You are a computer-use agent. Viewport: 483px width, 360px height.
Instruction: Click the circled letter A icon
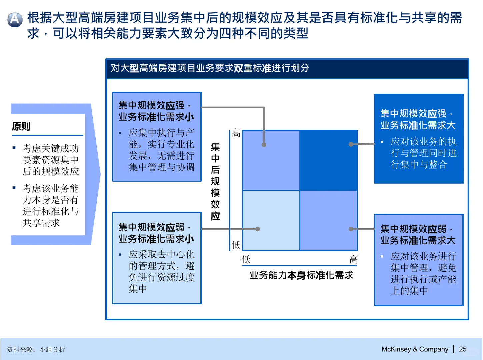tap(15, 19)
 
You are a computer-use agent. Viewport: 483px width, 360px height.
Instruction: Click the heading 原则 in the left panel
tap(21, 126)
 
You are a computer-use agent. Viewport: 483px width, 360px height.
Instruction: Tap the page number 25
tap(462, 349)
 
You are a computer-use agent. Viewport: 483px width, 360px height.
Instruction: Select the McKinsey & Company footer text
tap(415, 349)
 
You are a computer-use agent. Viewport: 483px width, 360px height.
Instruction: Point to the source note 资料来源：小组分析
tap(36, 349)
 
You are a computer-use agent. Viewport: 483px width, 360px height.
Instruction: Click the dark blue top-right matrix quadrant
tap(328, 160)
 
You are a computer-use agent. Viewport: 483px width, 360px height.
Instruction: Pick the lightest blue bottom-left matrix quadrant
tap(271, 220)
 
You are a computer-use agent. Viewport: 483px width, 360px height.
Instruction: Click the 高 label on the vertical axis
tap(236, 134)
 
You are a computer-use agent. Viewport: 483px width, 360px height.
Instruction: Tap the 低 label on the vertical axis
tap(236, 245)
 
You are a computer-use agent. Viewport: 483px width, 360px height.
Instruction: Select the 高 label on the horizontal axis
tap(353, 259)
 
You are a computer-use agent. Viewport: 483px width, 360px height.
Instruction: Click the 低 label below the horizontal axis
tap(246, 259)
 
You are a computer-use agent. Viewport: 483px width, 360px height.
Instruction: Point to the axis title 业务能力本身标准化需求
tap(301, 275)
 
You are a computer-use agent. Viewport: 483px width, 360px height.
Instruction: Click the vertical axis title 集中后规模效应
tap(215, 181)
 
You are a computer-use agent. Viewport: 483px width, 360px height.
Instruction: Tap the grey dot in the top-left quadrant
tap(264, 145)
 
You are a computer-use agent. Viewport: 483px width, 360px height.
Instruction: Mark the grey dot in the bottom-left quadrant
tap(258, 229)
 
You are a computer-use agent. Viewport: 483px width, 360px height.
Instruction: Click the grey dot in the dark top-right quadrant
tap(351, 144)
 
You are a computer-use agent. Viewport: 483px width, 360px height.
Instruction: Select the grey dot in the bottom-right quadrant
tap(351, 229)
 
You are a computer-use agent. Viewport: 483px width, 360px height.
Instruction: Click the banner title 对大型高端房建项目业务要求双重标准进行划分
tap(210, 68)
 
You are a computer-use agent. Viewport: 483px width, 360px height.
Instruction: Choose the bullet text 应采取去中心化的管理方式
tap(161, 271)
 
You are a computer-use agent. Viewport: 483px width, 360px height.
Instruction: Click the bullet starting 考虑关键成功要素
tap(50, 160)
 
